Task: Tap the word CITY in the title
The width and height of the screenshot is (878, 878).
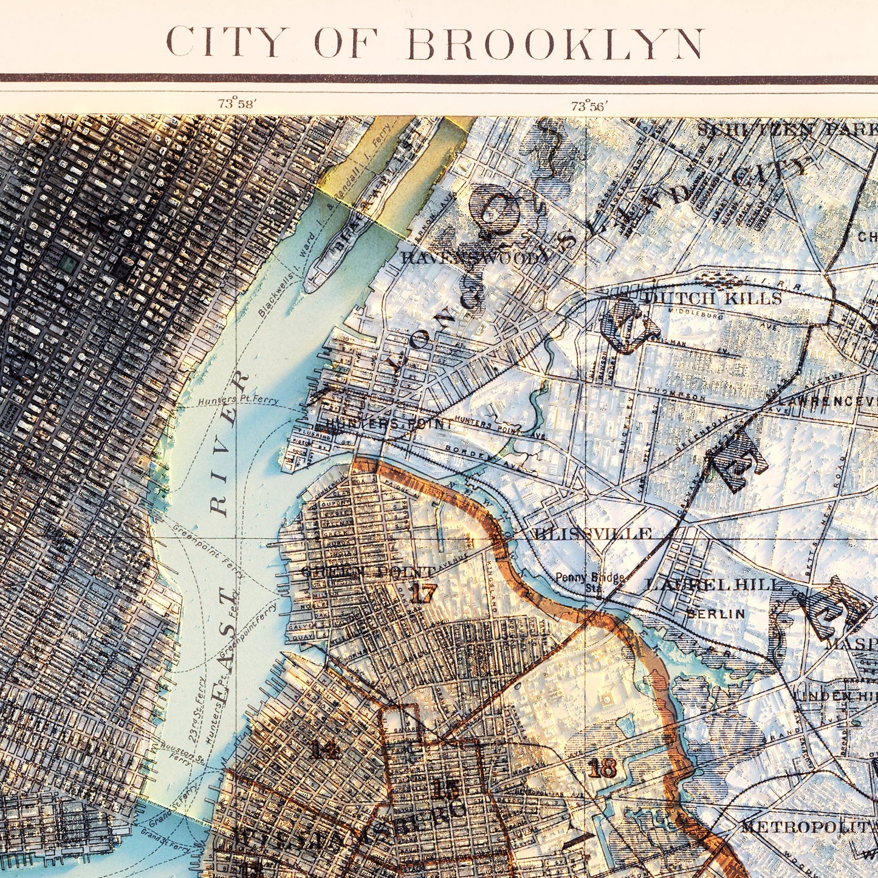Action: point(226,43)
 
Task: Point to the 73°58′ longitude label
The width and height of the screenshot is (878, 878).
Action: point(238,104)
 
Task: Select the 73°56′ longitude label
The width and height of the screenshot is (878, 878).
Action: point(588,106)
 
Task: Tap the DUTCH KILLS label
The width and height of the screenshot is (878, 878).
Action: point(712,298)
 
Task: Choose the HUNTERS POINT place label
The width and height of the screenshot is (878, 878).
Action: point(389,424)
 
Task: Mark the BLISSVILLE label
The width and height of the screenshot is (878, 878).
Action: point(592,533)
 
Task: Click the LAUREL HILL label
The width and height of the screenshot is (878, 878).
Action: point(713,585)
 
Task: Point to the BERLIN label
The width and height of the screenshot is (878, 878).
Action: point(715,614)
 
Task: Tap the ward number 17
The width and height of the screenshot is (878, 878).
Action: point(424,593)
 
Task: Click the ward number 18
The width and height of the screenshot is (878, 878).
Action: point(602,769)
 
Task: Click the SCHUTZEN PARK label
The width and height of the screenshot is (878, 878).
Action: point(786,130)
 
